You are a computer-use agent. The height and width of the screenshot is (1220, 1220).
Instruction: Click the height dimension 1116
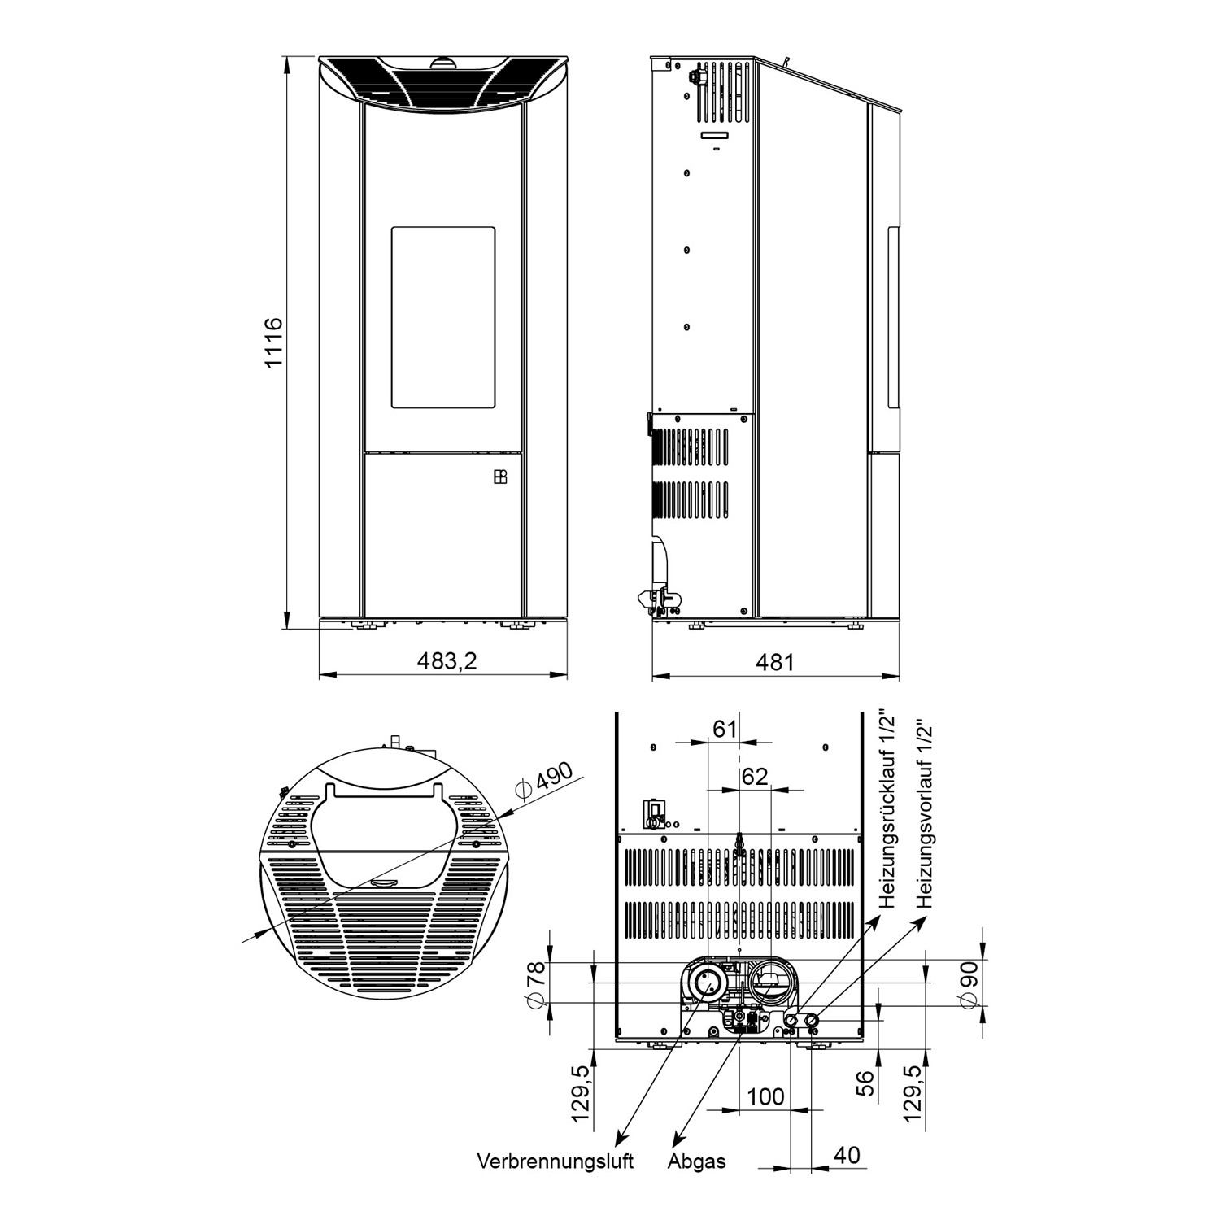point(273,342)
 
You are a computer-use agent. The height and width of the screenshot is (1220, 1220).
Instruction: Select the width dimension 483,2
point(447,661)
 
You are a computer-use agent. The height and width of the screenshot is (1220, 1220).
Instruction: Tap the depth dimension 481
point(774,662)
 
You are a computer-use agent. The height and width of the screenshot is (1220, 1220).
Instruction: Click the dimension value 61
point(724,729)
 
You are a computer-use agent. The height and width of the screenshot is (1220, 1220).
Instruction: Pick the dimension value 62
point(754,777)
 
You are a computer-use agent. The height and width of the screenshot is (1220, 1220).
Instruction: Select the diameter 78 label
point(534,983)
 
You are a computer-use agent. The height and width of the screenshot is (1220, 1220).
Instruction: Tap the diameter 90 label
point(967,983)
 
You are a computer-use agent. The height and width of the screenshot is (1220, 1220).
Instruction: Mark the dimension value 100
point(765,1096)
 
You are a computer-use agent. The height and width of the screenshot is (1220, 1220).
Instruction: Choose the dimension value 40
point(846,1155)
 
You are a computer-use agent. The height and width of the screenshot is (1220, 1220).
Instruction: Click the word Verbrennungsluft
point(555,1161)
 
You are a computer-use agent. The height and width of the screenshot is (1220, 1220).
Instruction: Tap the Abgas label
point(696,1161)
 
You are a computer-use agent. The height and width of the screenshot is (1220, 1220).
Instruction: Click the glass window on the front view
point(443,317)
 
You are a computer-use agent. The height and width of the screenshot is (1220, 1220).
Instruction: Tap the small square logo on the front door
point(500,477)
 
